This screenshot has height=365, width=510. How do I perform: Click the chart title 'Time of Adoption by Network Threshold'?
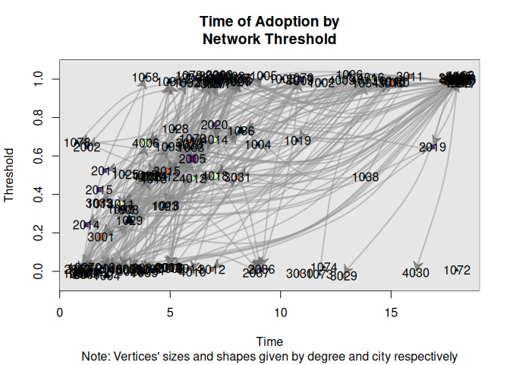click(x=268, y=30)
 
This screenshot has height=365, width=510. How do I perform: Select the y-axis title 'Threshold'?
click(x=10, y=174)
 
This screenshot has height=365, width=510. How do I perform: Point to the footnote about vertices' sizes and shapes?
click(x=269, y=355)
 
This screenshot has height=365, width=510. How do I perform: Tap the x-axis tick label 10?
click(x=281, y=312)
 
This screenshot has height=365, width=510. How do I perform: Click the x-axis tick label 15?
click(x=392, y=312)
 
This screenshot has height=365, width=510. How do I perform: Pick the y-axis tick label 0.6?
click(x=40, y=157)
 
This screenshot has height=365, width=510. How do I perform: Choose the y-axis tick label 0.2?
click(x=40, y=233)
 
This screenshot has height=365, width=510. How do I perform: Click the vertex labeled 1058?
click(x=145, y=78)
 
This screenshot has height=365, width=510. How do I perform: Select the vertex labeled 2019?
click(x=433, y=147)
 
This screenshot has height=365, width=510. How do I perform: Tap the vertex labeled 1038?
click(x=366, y=177)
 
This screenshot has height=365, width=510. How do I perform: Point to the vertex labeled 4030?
click(x=416, y=272)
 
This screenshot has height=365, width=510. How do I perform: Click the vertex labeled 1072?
click(x=458, y=270)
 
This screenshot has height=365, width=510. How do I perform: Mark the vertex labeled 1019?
click(x=297, y=141)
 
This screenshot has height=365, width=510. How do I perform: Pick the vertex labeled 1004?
click(x=258, y=144)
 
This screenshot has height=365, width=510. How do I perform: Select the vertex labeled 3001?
click(x=101, y=236)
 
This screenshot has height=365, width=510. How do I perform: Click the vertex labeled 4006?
click(x=145, y=143)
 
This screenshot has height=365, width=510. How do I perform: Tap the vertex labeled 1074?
click(x=324, y=267)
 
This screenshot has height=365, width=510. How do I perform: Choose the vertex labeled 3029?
click(x=345, y=275)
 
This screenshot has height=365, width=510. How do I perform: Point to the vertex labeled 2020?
click(x=215, y=125)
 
